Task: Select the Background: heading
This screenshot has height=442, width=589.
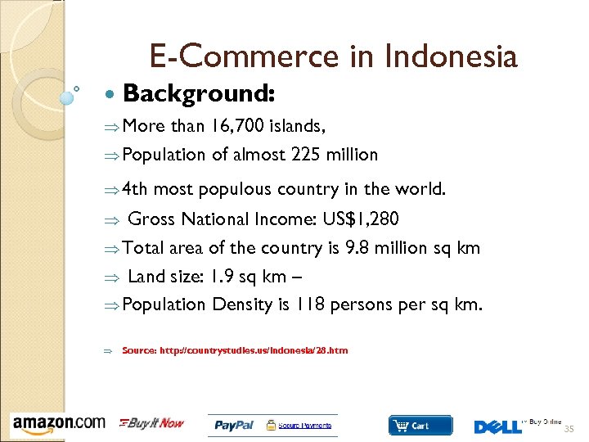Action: (199, 94)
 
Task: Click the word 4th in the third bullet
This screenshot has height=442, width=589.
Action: (135, 190)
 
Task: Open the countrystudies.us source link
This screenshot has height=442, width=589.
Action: (235, 350)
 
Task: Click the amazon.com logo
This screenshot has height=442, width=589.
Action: (59, 423)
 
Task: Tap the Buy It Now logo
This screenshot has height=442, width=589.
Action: (152, 423)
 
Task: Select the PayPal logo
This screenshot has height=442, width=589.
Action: (234, 425)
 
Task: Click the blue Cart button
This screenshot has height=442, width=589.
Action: (420, 426)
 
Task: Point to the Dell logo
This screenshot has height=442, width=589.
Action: (497, 426)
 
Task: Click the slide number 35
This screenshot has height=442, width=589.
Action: (569, 429)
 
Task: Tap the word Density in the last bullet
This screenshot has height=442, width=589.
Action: (243, 304)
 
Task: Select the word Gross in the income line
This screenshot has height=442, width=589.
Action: (152, 219)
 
